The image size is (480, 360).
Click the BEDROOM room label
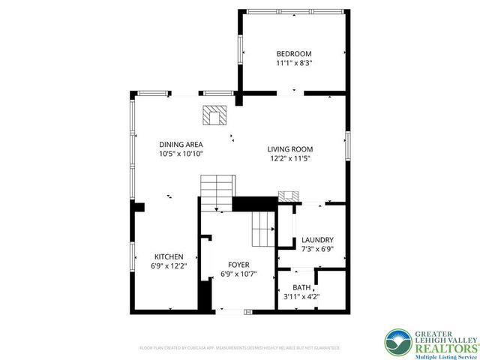[293, 54]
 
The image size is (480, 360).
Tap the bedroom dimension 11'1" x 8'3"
[293, 64]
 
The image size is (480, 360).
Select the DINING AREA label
[181, 144]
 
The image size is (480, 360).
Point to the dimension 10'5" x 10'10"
[181, 154]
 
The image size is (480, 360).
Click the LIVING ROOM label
[290, 148]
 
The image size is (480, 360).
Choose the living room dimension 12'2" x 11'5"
[290, 158]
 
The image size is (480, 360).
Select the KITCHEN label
[169, 256]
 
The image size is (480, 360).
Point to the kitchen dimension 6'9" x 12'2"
[169, 265]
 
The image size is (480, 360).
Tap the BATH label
[298, 287]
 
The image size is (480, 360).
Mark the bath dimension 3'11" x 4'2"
[298, 297]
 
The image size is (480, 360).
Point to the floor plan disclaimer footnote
[240, 348]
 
